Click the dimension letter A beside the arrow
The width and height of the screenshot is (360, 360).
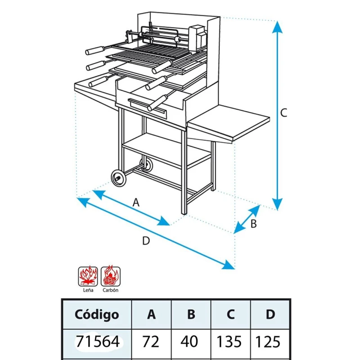136,202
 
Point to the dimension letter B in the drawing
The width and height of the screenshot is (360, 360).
253,224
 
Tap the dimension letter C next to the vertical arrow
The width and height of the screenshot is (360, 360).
284,113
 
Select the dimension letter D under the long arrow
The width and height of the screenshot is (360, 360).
146,241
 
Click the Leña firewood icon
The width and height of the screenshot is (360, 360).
88,276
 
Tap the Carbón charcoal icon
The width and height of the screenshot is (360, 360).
111,276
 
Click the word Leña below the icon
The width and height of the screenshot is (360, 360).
88,290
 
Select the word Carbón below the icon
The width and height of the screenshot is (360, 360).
110,290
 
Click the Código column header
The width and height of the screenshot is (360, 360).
97,315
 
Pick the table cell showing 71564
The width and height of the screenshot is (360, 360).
98,342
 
